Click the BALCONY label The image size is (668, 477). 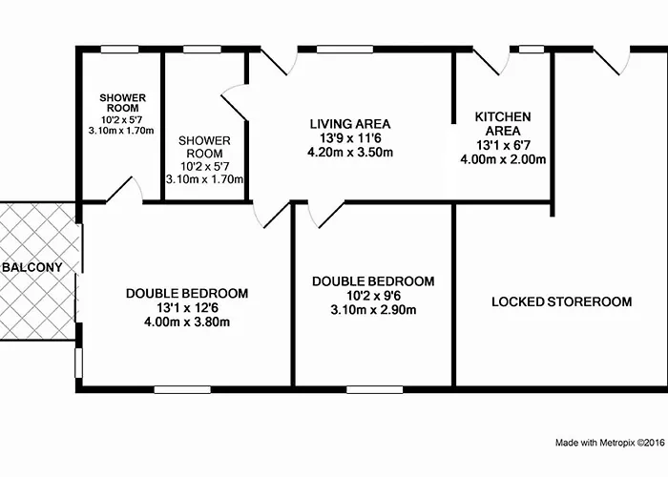click(32, 267)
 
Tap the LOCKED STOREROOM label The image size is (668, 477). click(561, 302)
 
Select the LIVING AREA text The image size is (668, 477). click(350, 124)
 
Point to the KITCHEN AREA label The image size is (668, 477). click(503, 123)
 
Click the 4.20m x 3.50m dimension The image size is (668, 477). click(350, 153)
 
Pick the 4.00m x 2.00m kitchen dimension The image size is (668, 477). click(503, 159)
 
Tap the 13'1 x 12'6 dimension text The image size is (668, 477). click(187, 307)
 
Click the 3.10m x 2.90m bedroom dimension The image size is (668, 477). click(373, 310)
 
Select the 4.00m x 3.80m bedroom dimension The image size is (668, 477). click(187, 322)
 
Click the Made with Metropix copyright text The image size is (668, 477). click(610, 443)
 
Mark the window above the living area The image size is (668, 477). click(344, 50)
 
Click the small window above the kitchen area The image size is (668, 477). click(532, 50)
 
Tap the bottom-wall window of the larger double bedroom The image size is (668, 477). click(182, 389)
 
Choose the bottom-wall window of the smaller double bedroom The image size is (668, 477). click(374, 389)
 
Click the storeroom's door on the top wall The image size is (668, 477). click(612, 60)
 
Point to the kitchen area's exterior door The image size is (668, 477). click(491, 60)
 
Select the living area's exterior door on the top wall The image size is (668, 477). click(279, 60)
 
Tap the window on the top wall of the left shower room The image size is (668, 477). click(119, 50)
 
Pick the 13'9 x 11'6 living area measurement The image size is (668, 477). click(350, 138)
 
